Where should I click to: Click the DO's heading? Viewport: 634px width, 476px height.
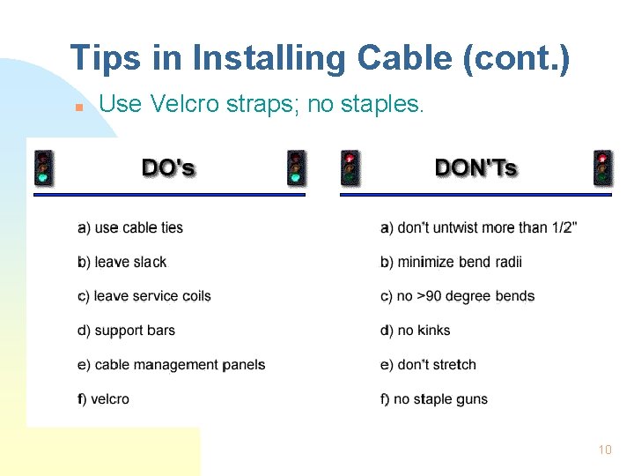click(x=168, y=167)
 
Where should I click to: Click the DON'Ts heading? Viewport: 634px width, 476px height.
click(x=475, y=167)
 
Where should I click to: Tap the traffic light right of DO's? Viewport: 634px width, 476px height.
click(x=297, y=167)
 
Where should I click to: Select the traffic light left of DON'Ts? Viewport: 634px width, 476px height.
click(x=350, y=167)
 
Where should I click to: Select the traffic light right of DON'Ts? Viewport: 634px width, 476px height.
click(x=602, y=167)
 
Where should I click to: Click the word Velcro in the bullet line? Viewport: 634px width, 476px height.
click(x=181, y=104)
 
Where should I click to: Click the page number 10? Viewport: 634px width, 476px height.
click(x=604, y=450)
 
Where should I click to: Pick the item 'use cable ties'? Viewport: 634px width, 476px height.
click(x=130, y=227)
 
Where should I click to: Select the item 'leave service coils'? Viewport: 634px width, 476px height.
click(x=144, y=296)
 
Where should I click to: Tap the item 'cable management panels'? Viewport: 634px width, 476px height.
click(x=172, y=365)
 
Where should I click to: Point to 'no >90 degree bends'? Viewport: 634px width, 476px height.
click(x=457, y=296)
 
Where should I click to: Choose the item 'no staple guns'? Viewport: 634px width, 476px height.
click(x=434, y=399)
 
